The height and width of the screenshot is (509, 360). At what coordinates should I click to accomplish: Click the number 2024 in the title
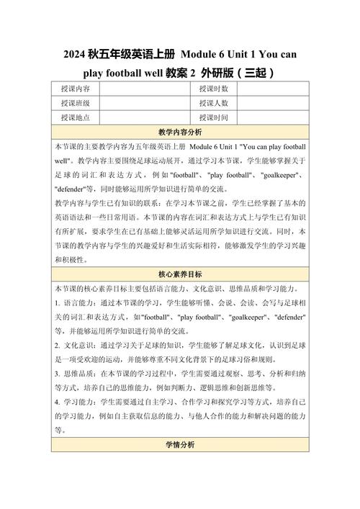tap(75, 55)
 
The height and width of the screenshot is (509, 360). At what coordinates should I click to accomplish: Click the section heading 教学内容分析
tap(180, 132)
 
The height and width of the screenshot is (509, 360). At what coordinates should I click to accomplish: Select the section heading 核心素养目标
tap(180, 274)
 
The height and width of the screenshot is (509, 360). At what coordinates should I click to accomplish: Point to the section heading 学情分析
tap(180, 446)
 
